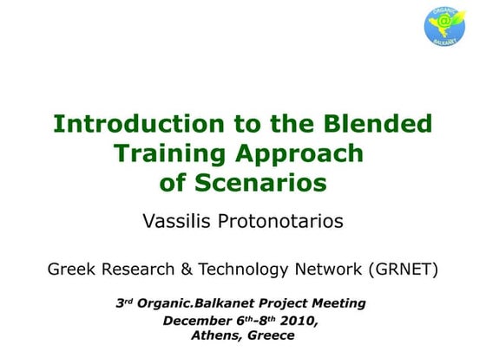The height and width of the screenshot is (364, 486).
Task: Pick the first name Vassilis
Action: [x=176, y=221]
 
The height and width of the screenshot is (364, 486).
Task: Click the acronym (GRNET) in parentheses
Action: [x=404, y=270]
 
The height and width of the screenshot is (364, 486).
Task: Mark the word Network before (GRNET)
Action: [x=330, y=270]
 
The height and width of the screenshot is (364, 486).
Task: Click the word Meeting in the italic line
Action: [x=336, y=303]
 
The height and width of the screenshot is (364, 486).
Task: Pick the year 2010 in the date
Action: [x=299, y=321]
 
